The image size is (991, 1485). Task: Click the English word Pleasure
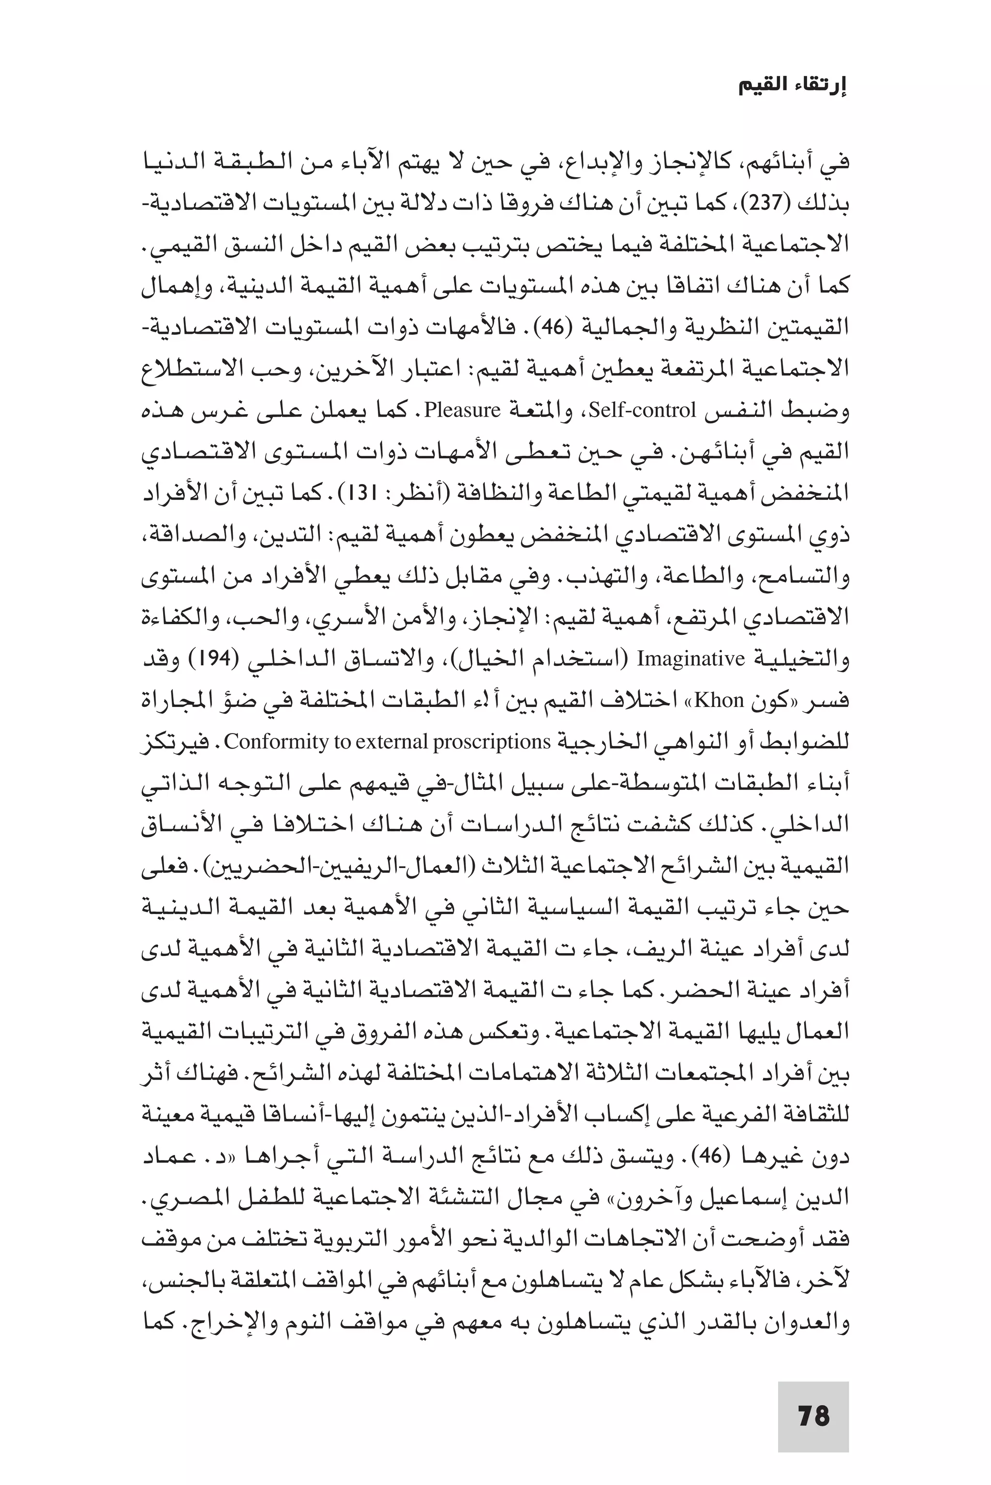pyautogui.click(x=462, y=411)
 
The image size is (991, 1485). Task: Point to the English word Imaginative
pyautogui.click(x=691, y=659)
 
